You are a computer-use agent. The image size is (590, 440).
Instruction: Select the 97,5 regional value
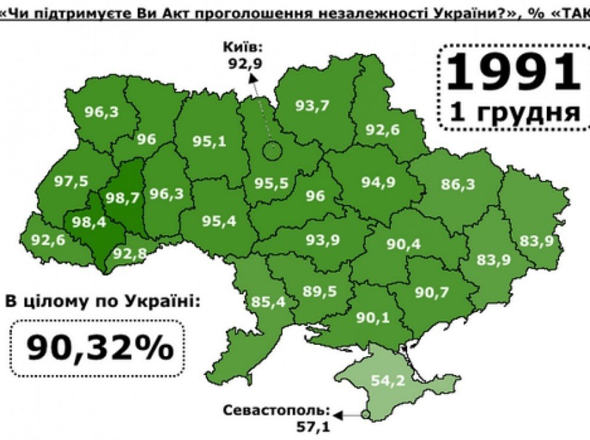point(69,181)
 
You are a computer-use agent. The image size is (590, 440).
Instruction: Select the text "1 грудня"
point(515,111)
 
